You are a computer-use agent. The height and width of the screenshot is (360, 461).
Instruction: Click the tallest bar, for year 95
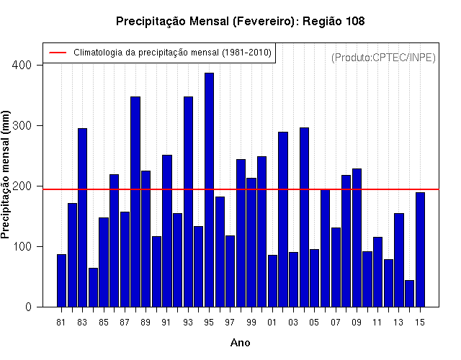point(209,190)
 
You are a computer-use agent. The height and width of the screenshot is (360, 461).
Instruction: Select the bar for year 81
point(61,281)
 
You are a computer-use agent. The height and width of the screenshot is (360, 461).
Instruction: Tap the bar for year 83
point(83,217)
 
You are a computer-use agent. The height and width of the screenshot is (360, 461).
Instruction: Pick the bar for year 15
point(420,250)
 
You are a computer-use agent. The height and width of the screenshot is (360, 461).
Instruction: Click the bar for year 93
point(188,202)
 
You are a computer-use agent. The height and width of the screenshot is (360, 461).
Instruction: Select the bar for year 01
point(272,281)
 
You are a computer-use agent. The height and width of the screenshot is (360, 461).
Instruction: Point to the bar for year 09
point(357,238)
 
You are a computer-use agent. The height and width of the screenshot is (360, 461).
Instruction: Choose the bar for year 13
point(399,260)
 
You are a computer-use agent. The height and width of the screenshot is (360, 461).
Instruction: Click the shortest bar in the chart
point(410,294)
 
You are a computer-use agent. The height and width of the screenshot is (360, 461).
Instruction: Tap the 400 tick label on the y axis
point(22,65)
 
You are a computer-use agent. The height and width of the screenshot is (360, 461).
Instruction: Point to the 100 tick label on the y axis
point(22,246)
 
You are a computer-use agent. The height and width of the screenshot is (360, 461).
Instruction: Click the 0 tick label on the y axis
point(28,307)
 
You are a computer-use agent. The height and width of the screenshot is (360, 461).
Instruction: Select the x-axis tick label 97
point(230,323)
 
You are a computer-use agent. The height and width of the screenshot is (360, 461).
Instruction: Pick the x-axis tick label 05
point(314,323)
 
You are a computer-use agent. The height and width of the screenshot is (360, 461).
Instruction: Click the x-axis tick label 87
point(125,323)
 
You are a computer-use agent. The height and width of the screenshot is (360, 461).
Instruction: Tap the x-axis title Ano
point(240,343)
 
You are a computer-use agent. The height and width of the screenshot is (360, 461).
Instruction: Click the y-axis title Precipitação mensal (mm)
point(5,174)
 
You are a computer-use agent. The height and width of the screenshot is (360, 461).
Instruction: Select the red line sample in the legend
point(58,53)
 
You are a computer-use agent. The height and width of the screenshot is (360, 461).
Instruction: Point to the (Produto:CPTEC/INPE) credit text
point(383,58)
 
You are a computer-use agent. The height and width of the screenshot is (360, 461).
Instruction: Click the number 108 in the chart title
point(355,21)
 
